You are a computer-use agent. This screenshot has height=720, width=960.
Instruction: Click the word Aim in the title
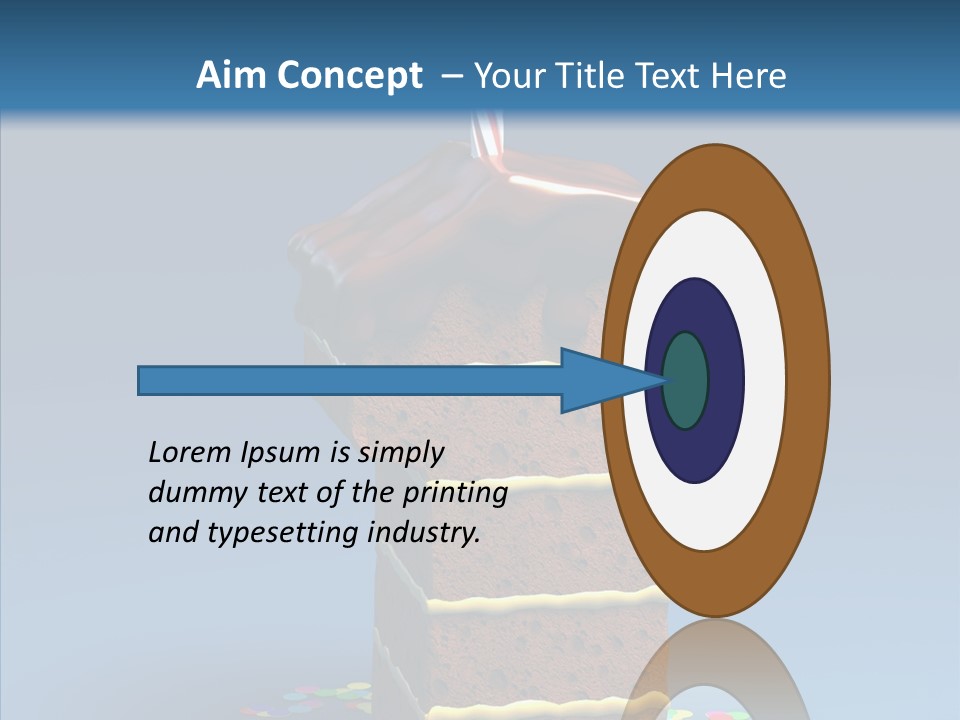[x=233, y=75]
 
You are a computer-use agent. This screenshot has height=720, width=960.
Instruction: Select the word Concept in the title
[x=350, y=75]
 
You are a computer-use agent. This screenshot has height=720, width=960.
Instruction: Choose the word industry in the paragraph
[x=424, y=533]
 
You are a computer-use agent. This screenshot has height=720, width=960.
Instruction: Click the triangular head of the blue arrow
[x=600, y=381]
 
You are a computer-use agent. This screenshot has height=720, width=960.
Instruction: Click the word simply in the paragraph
[x=401, y=453]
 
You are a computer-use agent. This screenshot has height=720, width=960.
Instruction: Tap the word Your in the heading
[x=507, y=75]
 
